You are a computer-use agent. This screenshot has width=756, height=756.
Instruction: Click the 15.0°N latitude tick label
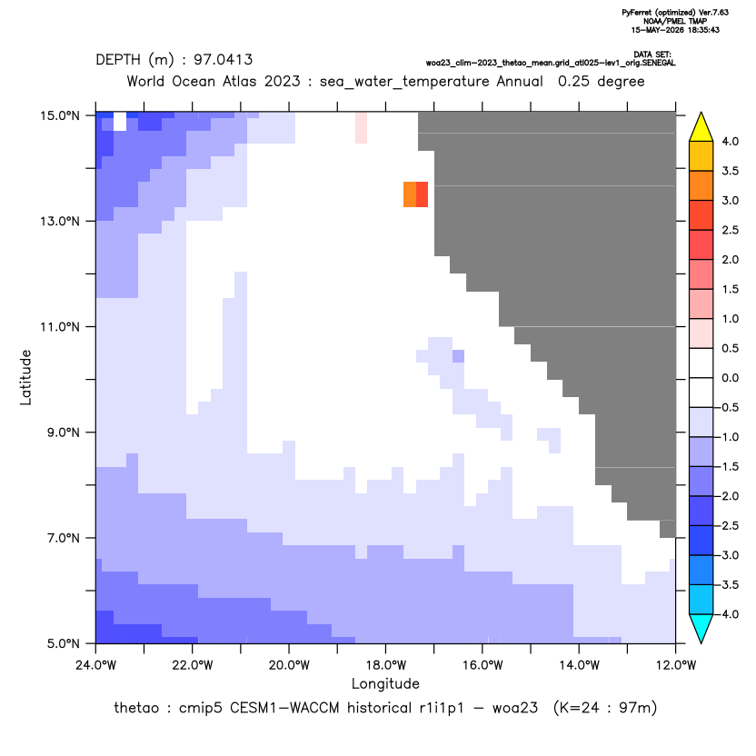pyautogui.click(x=60, y=115)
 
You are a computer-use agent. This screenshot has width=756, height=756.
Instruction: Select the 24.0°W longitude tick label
pyautogui.click(x=96, y=665)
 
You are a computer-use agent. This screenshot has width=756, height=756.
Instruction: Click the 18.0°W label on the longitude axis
pyautogui.click(x=385, y=665)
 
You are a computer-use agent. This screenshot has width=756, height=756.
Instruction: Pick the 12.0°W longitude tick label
pyautogui.click(x=675, y=665)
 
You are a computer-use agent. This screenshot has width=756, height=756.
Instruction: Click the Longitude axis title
pyautogui.click(x=385, y=683)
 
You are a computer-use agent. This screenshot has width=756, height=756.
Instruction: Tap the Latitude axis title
pyautogui.click(x=25, y=377)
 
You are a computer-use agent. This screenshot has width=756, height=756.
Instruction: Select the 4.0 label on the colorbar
pyautogui.click(x=730, y=142)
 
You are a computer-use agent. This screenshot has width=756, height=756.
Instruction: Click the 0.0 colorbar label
pyautogui.click(x=730, y=378)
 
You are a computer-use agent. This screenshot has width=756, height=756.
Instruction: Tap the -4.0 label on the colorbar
pyautogui.click(x=727, y=614)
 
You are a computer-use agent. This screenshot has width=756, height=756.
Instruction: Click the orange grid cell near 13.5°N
pyautogui.click(x=410, y=194)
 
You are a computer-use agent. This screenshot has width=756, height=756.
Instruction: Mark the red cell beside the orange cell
pyautogui.click(x=422, y=194)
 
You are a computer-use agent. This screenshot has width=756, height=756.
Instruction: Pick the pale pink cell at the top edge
pyautogui.click(x=361, y=128)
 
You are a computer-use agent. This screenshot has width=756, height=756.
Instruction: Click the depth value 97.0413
pyautogui.click(x=224, y=60)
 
